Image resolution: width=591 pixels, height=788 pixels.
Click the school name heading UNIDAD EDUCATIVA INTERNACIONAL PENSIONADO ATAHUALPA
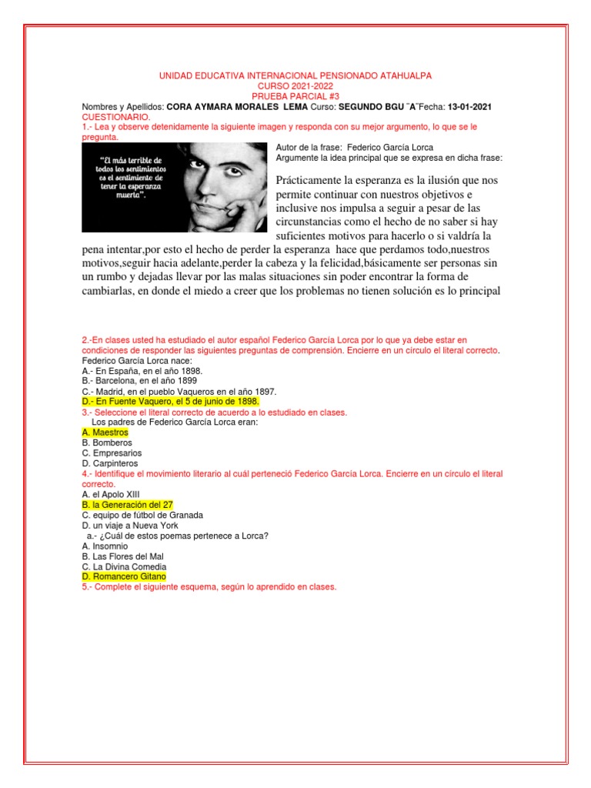[295, 75]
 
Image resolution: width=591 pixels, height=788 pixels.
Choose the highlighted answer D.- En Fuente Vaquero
[170, 402]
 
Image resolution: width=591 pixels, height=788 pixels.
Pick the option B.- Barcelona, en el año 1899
[139, 380]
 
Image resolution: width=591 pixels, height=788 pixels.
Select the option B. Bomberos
[107, 443]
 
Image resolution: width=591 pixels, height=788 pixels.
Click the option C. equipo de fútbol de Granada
[142, 515]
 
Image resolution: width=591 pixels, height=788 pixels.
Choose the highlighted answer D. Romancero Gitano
[124, 576]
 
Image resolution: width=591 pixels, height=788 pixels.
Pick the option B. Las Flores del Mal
[122, 556]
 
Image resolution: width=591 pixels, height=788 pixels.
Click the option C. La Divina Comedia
[125, 566]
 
